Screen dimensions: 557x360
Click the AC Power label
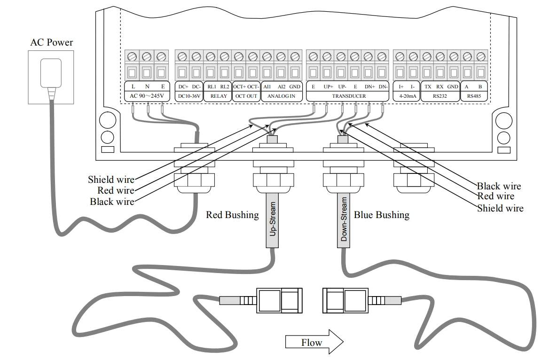pos(52,42)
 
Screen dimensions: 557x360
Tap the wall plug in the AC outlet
pos(51,73)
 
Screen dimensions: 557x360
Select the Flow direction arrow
pos(314,342)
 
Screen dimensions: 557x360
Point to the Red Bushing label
pos(232,215)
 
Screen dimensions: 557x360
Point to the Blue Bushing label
pos(382,215)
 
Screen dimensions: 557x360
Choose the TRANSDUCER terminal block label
pos(349,96)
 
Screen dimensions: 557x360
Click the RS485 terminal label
pos(474,96)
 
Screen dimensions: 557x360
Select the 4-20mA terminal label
pos(407,96)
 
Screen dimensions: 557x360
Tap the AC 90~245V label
pos(147,96)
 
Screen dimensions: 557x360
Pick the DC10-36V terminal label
pos(189,96)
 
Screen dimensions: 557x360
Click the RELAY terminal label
pos(219,96)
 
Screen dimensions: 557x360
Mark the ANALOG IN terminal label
pos(282,96)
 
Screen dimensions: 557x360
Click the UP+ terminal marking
pos(328,86)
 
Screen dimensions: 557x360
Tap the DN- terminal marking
pos(383,86)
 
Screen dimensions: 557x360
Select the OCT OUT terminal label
pos(246,96)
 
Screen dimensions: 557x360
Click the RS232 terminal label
pos(440,96)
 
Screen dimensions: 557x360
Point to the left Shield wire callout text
pos(111,180)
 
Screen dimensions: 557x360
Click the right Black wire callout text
pos(499,186)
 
